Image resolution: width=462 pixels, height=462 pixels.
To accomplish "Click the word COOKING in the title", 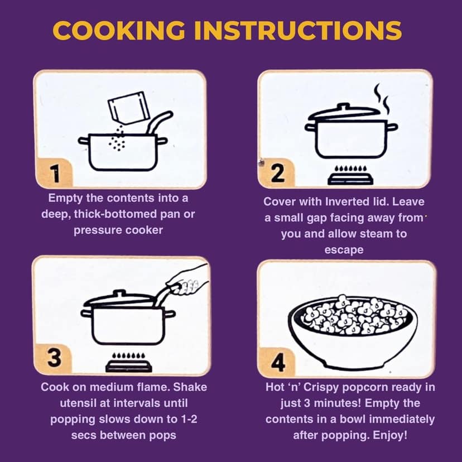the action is (x=119, y=30).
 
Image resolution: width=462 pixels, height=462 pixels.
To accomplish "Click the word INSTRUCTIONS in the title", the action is (x=298, y=30).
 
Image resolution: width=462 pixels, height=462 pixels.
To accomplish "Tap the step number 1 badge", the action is (x=54, y=173).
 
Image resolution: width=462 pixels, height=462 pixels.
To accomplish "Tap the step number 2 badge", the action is (x=277, y=173).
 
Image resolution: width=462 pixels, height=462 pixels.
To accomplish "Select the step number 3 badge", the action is (x=54, y=358).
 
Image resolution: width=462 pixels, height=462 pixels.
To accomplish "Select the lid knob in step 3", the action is (x=119, y=293).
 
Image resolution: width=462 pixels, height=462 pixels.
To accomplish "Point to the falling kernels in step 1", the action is (x=117, y=138).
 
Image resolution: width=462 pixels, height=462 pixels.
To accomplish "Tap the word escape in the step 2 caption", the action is (x=344, y=250).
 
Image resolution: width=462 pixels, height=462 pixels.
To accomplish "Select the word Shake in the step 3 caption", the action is (x=190, y=387).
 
